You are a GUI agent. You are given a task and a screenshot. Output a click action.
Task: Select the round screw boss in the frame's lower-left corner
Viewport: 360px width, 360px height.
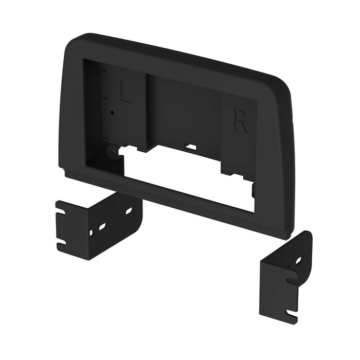[111, 151]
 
